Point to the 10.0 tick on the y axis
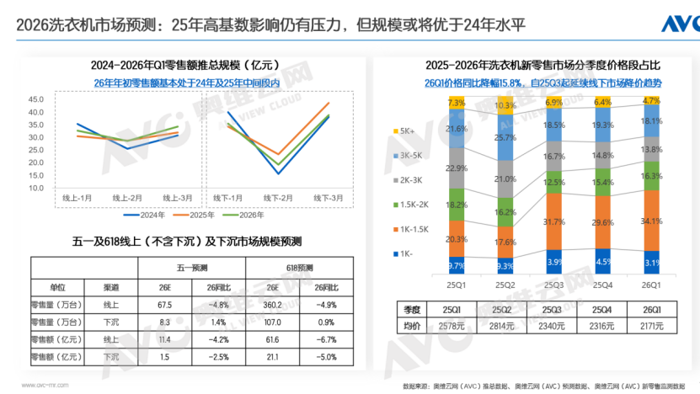click(35, 187)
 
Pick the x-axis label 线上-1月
click(80, 197)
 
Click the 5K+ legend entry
click(406, 131)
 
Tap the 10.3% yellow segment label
click(505, 106)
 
